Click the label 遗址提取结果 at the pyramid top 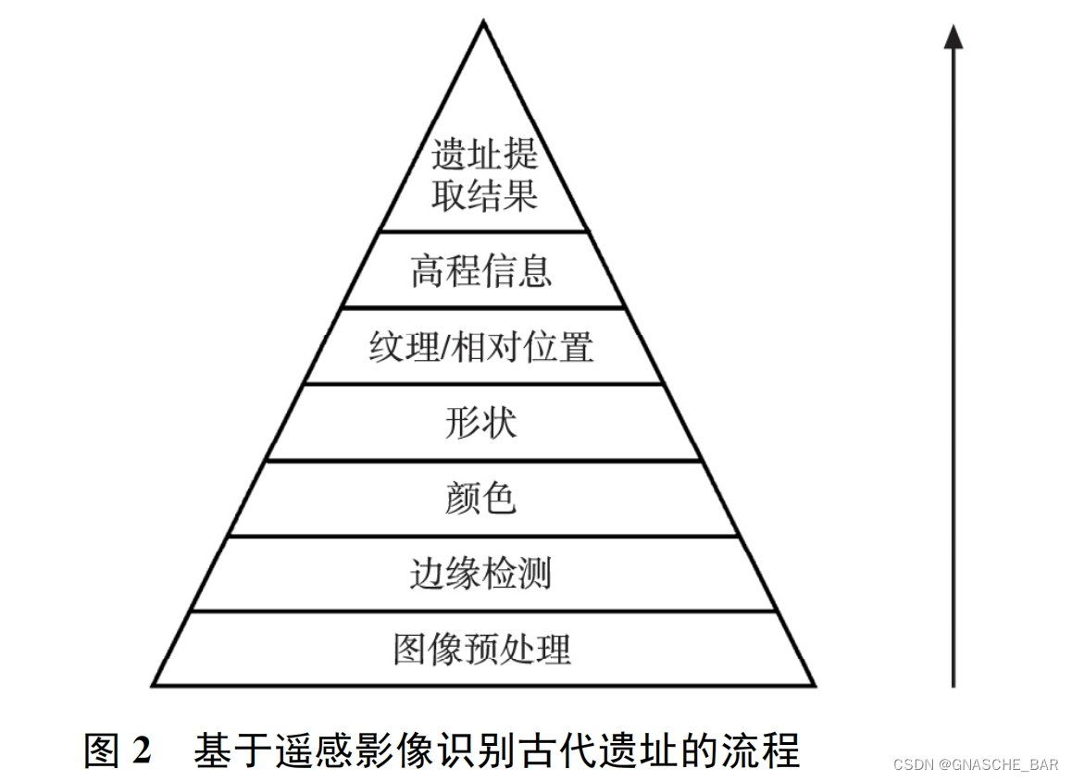pos(483,176)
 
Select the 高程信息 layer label pos(481,271)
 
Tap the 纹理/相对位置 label pos(481,348)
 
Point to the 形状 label pos(481,423)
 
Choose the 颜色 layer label pos(481,499)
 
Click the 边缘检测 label pos(481,574)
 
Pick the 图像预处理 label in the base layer pos(481,649)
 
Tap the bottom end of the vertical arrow pos(954,684)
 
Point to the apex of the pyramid pos(483,22)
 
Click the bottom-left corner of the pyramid pos(154,685)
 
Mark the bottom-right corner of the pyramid pos(814,685)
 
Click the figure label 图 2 pos(118,750)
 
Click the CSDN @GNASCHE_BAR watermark pos(976,764)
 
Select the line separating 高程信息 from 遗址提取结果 pos(483,231)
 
